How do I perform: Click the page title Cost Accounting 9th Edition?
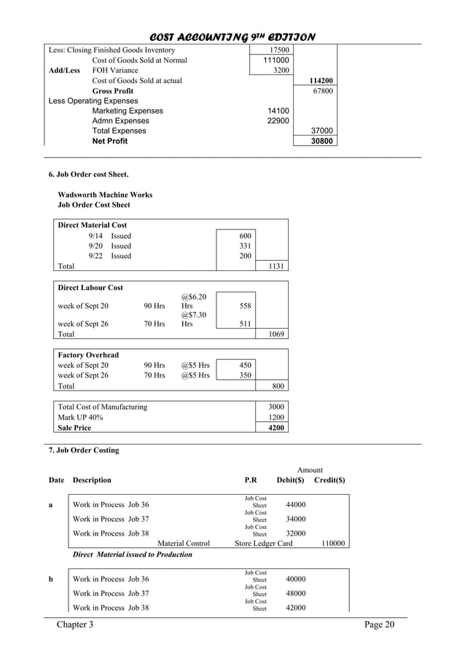coord(232,36)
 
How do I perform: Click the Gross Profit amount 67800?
coord(323,91)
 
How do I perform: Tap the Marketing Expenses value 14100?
coord(278,111)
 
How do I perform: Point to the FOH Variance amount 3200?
coord(280,71)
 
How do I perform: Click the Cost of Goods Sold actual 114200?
coord(321,81)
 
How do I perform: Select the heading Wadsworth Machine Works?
coord(105,195)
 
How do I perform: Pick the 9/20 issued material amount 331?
coord(244,246)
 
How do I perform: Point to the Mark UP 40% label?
coord(80,418)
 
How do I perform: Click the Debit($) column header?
coord(290,480)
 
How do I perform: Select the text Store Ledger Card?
coord(263,543)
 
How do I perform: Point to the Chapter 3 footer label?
coord(75,626)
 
